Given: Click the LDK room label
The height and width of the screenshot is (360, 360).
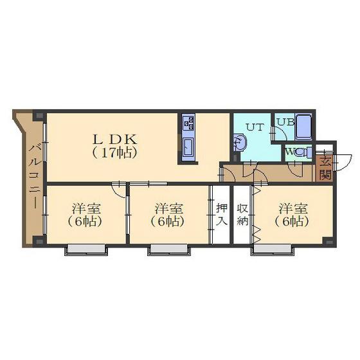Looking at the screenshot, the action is (114, 139).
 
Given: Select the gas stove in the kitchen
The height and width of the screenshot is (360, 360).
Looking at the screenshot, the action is (188, 123).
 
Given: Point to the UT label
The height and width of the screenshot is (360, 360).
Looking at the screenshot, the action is (255, 127).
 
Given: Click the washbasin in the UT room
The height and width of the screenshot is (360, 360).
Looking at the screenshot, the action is (240, 143).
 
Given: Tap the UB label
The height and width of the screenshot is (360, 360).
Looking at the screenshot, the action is (285, 122).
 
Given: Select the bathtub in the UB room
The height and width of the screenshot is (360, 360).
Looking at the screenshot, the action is (303, 127).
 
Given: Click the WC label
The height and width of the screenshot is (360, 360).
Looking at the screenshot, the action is (293, 152).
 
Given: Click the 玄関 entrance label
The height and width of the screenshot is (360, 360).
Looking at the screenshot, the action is (325, 168).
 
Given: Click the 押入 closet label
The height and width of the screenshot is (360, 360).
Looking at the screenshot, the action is (222, 215).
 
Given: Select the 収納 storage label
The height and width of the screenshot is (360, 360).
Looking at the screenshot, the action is (242, 215).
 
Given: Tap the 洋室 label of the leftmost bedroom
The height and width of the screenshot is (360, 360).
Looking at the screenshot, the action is (86, 208).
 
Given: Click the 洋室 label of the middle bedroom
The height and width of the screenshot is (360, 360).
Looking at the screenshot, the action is (168, 208).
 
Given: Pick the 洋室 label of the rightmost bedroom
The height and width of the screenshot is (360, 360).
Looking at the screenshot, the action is (293, 208).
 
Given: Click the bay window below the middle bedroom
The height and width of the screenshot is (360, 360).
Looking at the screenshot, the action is (168, 249).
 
